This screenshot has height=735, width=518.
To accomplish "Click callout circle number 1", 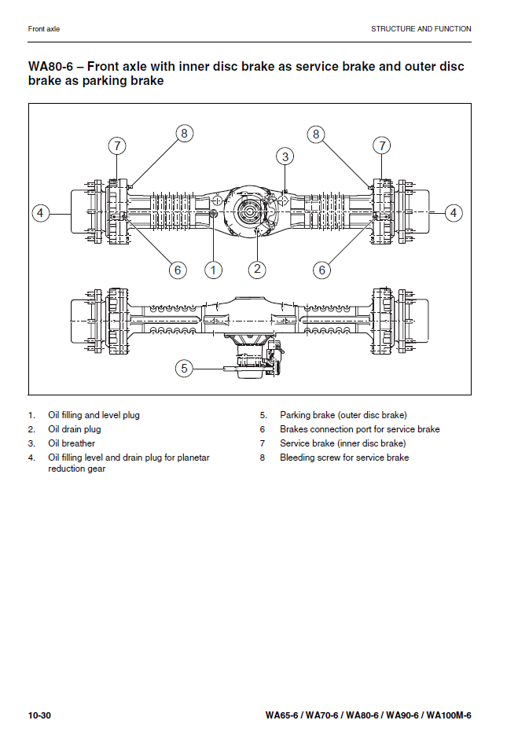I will [x=213, y=270].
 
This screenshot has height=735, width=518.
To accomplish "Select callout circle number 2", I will [x=257, y=270].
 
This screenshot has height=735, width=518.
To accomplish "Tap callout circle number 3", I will [x=285, y=156].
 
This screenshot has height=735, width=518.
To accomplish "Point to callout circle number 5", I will [x=184, y=367].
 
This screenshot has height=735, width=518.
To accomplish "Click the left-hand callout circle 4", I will [x=42, y=212].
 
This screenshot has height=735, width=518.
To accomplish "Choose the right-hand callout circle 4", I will [x=454, y=212].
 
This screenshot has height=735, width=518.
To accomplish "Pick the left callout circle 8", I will [x=184, y=134].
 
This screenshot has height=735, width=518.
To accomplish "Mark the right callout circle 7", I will [x=382, y=145].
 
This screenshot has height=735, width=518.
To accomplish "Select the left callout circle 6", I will [x=178, y=270].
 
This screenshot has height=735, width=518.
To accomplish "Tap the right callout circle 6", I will [x=321, y=270].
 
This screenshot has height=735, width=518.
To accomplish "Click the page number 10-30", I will [x=39, y=715].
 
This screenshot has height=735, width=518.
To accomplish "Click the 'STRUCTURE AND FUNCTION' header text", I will [x=421, y=29].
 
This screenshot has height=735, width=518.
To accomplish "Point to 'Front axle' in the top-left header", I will [x=44, y=29].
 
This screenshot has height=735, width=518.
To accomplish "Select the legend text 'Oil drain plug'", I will [x=75, y=429].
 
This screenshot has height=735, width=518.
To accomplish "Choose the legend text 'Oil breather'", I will [x=72, y=443].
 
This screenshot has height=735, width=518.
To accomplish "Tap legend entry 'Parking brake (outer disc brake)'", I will [x=343, y=415].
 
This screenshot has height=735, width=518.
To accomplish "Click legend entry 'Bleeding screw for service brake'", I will [x=344, y=458].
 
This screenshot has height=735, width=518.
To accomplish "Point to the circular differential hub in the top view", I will [x=249, y=212].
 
